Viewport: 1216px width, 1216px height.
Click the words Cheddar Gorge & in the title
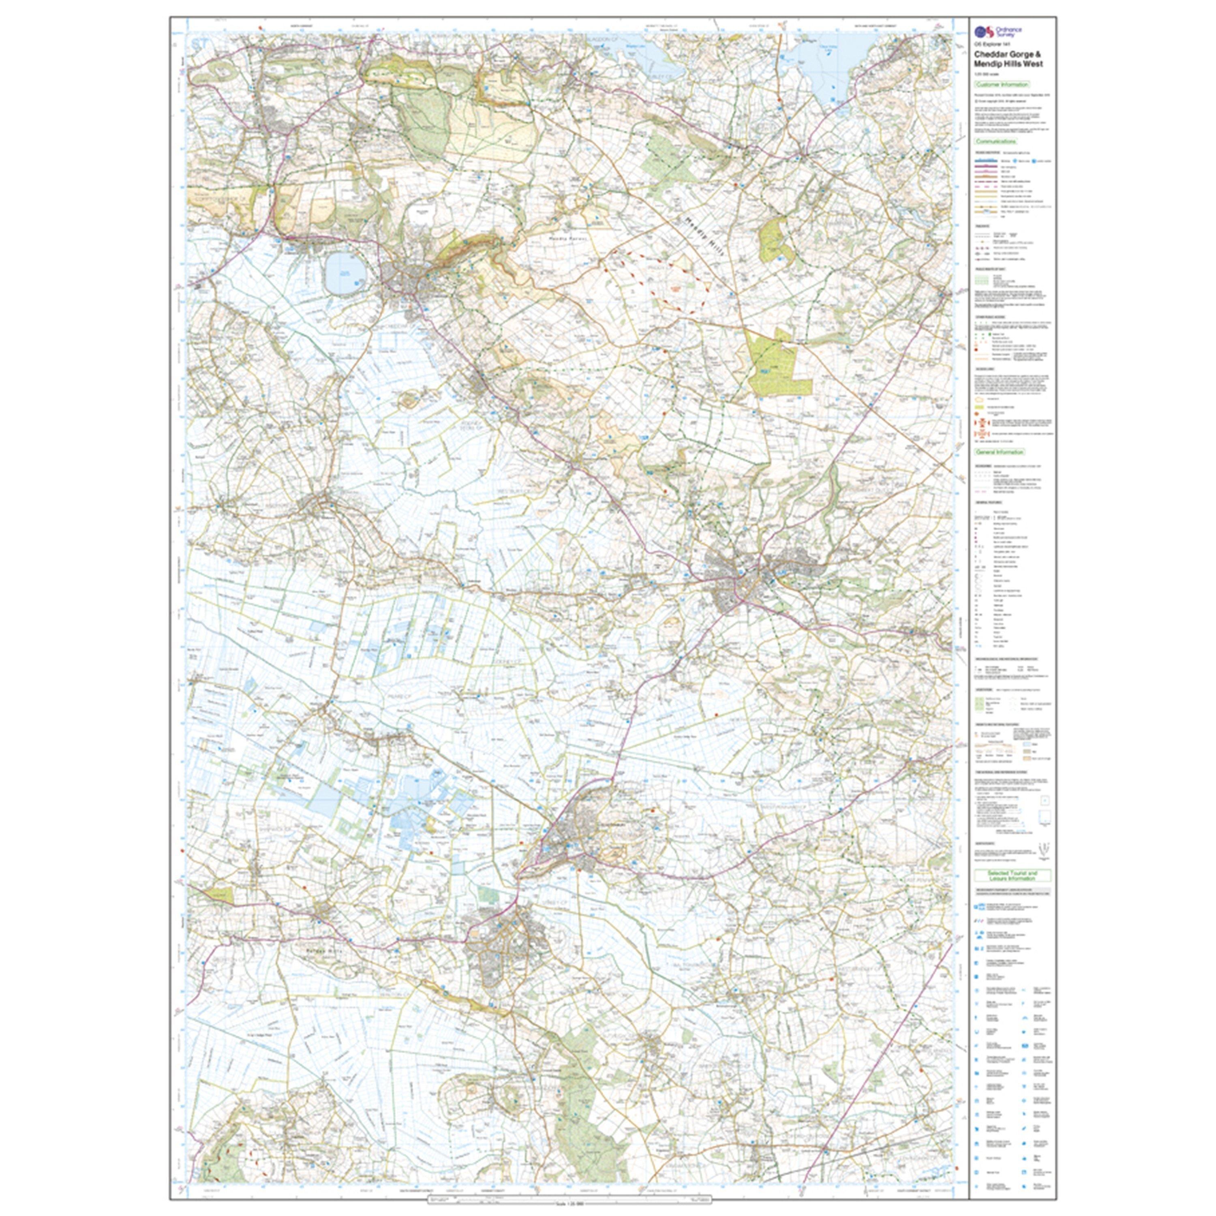(x=1009, y=55)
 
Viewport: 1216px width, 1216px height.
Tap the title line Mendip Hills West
(x=1008, y=64)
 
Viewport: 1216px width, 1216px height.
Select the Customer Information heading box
(x=1001, y=84)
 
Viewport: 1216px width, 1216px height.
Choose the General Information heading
(x=1000, y=452)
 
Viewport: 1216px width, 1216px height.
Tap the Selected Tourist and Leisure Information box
(x=1013, y=876)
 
